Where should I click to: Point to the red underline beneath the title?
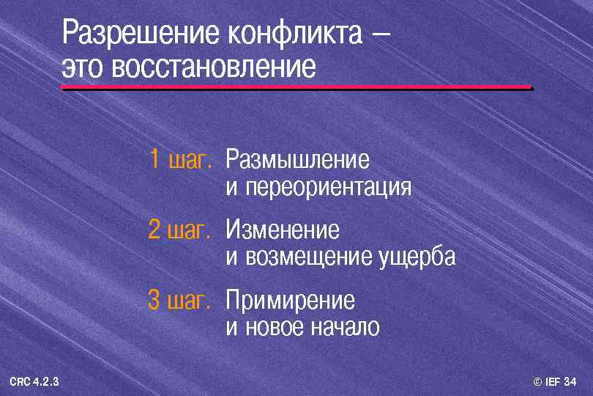click(x=296, y=87)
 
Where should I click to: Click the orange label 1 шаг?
click(x=180, y=159)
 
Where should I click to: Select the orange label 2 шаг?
click(x=180, y=230)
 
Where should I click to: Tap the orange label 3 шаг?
click(x=180, y=300)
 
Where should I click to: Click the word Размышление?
click(x=297, y=159)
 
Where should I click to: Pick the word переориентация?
click(x=328, y=188)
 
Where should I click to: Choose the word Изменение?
click(x=283, y=230)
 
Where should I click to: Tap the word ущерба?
click(x=417, y=258)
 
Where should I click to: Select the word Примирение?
click(x=290, y=300)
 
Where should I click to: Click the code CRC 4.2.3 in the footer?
click(x=34, y=381)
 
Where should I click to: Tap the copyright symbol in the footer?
click(x=537, y=381)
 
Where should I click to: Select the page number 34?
click(x=570, y=381)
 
